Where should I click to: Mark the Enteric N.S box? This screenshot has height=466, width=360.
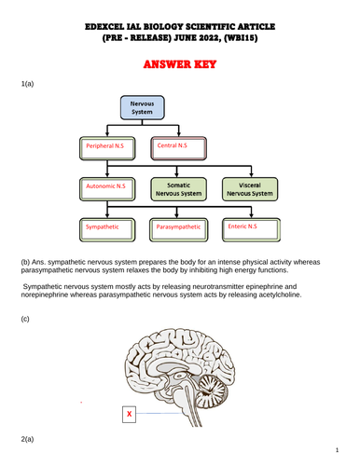[249, 226]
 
